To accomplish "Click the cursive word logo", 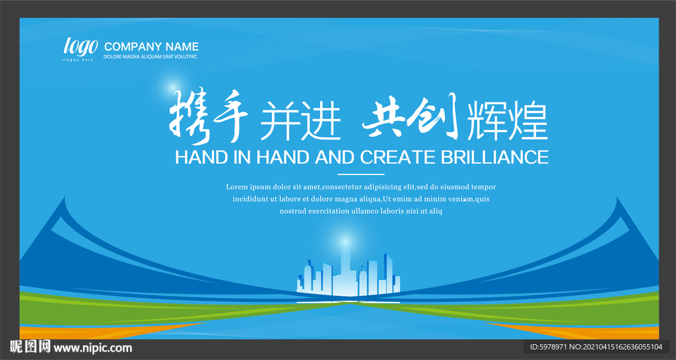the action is (81, 46).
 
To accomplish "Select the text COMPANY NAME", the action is (151, 46).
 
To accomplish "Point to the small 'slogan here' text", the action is (78, 59).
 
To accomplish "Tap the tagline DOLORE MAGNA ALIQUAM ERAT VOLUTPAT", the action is (151, 57).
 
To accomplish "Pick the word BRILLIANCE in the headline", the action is (494, 157).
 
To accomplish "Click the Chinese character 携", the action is (188, 116).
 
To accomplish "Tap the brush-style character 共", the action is (384, 115).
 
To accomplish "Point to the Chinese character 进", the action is (321, 121).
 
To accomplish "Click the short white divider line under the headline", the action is (361, 174).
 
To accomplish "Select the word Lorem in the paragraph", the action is (237, 187).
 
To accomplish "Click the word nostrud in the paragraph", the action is (292, 211).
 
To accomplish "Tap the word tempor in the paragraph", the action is (483, 188).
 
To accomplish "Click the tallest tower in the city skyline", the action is (345, 268).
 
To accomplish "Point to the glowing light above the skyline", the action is (345, 239).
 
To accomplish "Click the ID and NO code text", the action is (596, 347).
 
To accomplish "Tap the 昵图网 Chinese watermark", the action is (30, 347).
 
